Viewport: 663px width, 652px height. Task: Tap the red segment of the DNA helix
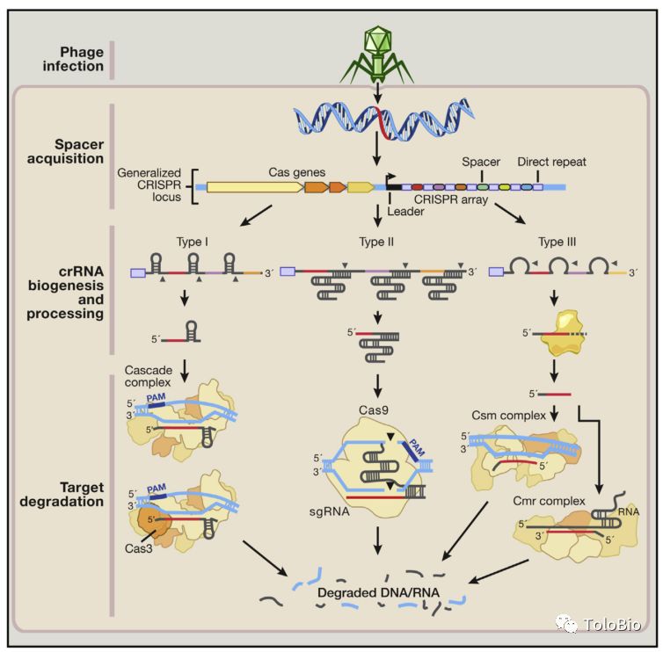(382, 123)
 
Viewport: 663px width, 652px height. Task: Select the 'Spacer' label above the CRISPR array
(481, 162)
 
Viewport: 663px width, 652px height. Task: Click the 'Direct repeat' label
(551, 162)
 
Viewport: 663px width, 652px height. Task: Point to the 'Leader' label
(405, 211)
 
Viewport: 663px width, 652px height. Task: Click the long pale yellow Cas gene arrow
(255, 187)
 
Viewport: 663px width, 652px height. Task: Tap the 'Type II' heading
(376, 242)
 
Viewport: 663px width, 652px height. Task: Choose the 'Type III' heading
(557, 242)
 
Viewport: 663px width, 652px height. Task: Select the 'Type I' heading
(192, 242)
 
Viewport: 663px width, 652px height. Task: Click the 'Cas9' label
(374, 409)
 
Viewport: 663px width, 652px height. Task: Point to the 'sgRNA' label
(330, 511)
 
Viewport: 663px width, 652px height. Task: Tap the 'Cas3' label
(138, 548)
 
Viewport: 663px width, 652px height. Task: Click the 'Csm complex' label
(508, 416)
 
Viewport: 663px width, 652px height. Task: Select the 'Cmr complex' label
(549, 501)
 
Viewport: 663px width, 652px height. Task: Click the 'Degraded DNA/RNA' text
(378, 592)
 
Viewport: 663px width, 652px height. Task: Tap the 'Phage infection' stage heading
(73, 59)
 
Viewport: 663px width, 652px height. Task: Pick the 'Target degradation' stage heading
(62, 494)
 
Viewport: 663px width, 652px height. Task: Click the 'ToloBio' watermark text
(612, 625)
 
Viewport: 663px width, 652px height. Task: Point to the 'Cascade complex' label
(148, 376)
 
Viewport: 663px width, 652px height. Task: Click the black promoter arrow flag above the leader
(390, 178)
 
